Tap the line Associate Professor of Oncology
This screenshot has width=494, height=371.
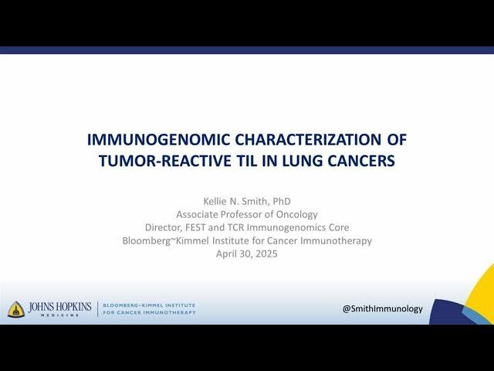pos(247,214)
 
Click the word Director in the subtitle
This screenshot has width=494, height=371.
pos(164,227)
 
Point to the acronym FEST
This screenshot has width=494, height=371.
pos(201,227)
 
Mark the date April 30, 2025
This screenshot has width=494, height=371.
pos(247,254)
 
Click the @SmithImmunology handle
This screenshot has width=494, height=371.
pos(383,308)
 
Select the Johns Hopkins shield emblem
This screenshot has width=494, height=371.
pos(16,309)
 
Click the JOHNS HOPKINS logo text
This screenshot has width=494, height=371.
pos(59,308)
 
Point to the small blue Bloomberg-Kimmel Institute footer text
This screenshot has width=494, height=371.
pos(149,309)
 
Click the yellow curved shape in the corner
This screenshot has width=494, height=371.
pos(483,286)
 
